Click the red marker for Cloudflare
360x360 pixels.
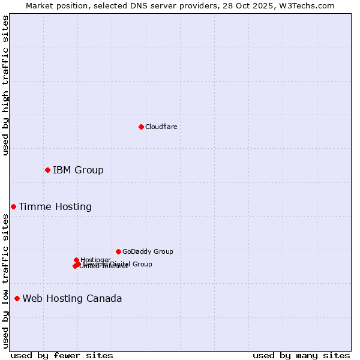pos(141,127)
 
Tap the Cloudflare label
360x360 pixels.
pos(161,127)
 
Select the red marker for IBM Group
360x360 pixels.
pos(47,170)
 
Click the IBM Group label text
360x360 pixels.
pos(78,170)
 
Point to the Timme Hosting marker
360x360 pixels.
pos(13,207)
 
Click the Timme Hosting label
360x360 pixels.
pos(55,207)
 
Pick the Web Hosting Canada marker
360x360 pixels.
pos(17,299)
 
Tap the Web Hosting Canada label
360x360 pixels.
pos(72,299)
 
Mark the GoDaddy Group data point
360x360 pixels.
pos(118,251)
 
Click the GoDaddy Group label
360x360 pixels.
pos(148,251)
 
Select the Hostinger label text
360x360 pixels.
pos(95,260)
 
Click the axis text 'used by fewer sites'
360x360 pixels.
pos(62,355)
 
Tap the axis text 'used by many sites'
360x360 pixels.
pos(301,355)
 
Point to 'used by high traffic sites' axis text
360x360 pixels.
pos(5,85)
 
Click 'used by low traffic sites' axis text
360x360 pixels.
pos(5,281)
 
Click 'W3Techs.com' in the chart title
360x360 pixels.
pos(310,5)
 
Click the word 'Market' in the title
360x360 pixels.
pos(39,5)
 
